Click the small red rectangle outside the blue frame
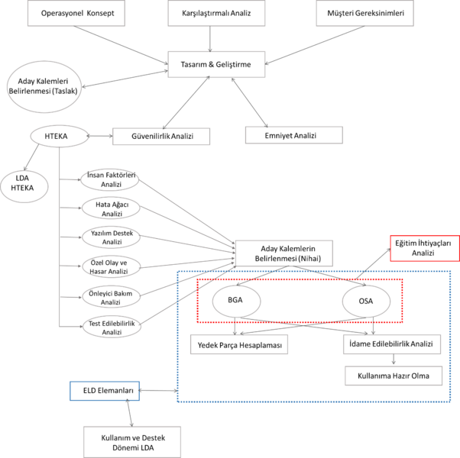pos(424,248)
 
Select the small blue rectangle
pos(105,391)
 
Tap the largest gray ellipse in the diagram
pos(44,86)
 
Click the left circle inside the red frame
pos(237,301)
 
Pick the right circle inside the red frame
pos(367,301)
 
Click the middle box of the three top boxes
pos(216,14)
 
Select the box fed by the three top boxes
pos(216,65)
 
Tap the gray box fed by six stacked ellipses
pos(284,253)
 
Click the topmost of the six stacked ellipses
pos(110,180)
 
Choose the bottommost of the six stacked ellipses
pos(112,327)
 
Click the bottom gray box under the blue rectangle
pos(132,441)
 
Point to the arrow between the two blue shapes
pos(158,391)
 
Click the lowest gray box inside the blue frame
pos(394,376)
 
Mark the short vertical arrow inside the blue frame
pos(394,360)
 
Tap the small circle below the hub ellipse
pos(24,187)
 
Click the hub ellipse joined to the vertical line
pos(60,137)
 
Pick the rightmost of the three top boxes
pos(364,14)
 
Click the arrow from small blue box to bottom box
pos(129,413)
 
